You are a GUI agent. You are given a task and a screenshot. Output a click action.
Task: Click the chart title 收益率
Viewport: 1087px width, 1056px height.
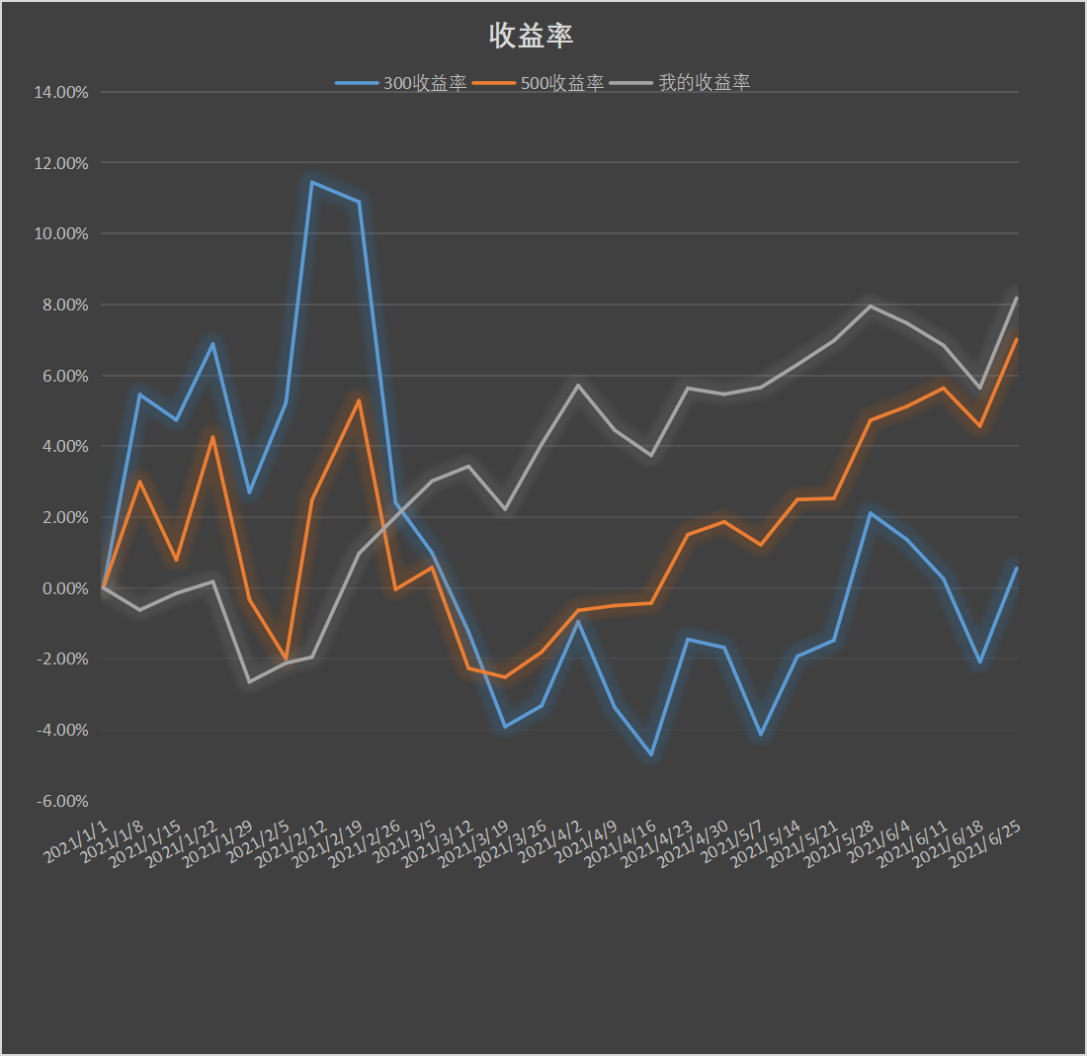tap(532, 36)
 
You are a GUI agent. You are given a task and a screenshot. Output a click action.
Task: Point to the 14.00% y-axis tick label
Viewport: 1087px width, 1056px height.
tap(61, 92)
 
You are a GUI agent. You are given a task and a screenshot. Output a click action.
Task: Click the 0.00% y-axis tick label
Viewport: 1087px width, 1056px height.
tap(65, 588)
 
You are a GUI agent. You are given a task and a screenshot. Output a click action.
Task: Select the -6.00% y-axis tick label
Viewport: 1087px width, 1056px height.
tap(63, 801)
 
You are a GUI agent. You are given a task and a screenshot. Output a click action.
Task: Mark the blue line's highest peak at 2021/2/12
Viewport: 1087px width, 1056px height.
tap(311, 182)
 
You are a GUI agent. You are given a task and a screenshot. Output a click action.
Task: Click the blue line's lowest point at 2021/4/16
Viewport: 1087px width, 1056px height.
tap(651, 754)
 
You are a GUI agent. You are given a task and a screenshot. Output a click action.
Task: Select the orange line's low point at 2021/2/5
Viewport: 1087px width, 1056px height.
tap(286, 659)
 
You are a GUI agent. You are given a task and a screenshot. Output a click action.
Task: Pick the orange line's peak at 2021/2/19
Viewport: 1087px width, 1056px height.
tap(359, 400)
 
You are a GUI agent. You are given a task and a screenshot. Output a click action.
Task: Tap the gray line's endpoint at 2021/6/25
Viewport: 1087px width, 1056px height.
tap(1017, 298)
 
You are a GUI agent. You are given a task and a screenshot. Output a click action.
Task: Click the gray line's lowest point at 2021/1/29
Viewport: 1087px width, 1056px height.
tap(249, 681)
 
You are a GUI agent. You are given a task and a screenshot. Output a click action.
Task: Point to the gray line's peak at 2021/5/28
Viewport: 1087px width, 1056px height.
tap(870, 306)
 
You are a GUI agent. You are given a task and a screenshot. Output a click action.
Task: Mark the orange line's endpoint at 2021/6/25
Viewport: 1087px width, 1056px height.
tap(1017, 339)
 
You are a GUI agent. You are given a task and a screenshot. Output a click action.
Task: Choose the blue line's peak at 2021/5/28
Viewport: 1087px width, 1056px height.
tap(870, 512)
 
